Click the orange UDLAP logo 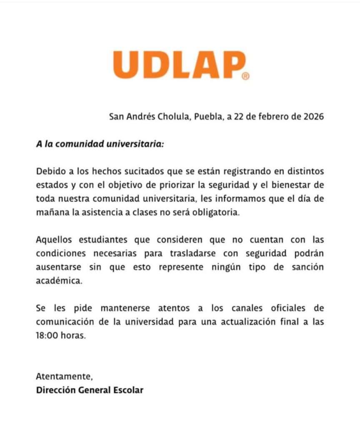coord(179,65)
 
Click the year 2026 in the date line coord(312,116)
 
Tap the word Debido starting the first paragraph coord(48,171)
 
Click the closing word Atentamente coord(64,377)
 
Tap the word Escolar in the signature coord(127,390)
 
